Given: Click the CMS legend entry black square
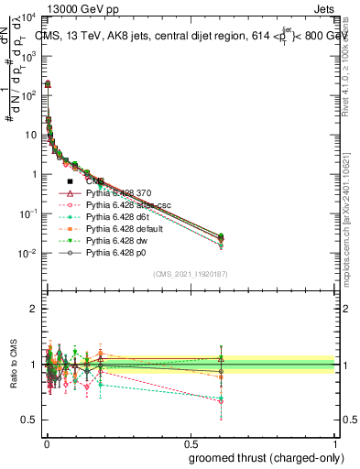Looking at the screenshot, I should tap(70, 181).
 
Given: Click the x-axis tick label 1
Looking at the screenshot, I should tap(335, 443).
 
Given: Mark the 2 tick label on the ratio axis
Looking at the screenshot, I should tap(34, 310).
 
